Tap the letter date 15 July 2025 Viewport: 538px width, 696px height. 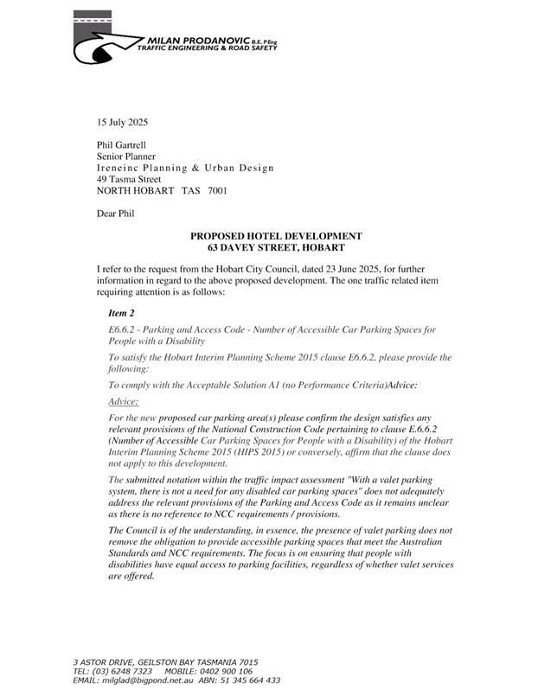coord(122,122)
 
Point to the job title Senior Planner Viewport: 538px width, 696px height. coord(126,156)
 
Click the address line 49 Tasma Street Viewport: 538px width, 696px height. coord(129,179)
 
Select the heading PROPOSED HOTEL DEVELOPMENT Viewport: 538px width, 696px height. coord(276,236)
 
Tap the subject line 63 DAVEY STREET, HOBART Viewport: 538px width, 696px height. coord(276,247)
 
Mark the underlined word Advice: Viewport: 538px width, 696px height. coord(125,402)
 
